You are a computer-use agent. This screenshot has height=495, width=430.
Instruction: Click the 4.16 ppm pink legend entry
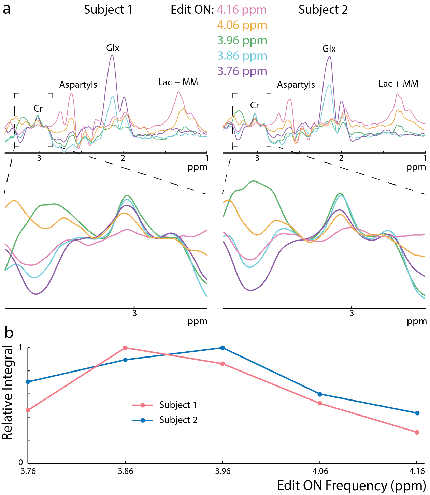click(x=242, y=10)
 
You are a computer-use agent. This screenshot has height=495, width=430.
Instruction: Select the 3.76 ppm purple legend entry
click(x=242, y=71)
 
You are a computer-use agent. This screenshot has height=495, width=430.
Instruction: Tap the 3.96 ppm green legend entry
click(x=242, y=40)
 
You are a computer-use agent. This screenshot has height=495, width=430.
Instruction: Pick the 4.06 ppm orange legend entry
click(x=242, y=25)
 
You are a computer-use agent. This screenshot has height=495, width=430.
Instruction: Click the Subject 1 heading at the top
click(x=108, y=10)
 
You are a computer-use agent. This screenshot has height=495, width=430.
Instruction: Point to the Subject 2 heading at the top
click(x=323, y=10)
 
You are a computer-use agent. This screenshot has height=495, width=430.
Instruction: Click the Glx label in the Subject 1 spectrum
click(x=113, y=48)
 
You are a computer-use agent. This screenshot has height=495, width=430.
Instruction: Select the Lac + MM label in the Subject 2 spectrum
click(x=398, y=84)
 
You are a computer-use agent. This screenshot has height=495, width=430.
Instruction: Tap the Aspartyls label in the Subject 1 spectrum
click(x=78, y=85)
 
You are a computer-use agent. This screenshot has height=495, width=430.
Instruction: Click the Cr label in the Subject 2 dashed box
click(x=255, y=105)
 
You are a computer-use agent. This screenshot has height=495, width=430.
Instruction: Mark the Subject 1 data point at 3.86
click(x=125, y=348)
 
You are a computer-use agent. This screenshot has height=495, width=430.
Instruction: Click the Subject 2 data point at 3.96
click(x=223, y=348)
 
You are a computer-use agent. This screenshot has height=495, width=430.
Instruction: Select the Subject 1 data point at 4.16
click(x=417, y=432)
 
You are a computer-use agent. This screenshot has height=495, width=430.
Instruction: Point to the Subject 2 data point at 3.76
click(x=28, y=382)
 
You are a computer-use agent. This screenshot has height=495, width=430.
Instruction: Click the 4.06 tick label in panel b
click(x=320, y=471)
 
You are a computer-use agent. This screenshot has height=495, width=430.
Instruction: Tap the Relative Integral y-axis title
click(x=8, y=392)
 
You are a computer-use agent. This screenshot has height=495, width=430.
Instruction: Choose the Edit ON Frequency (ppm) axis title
click(x=351, y=485)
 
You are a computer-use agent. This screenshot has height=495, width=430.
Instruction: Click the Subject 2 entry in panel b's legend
click(x=178, y=420)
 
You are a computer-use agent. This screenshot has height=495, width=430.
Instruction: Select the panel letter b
click(x=9, y=333)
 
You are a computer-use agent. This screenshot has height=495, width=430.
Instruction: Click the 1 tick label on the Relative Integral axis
click(x=20, y=347)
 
